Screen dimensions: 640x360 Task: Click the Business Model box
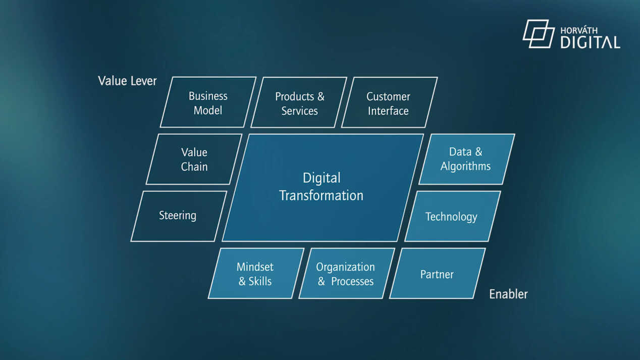click(208, 102)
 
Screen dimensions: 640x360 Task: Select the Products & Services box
click(299, 102)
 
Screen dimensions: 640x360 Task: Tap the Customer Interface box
click(390, 102)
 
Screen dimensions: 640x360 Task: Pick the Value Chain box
click(194, 159)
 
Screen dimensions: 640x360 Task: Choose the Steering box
click(179, 216)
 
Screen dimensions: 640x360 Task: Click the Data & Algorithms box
click(467, 159)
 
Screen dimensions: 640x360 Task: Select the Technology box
click(453, 216)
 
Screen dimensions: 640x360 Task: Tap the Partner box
click(438, 274)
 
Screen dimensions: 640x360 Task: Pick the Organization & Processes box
click(347, 274)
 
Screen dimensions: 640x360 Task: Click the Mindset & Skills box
click(256, 274)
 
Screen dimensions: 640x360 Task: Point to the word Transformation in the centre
click(321, 196)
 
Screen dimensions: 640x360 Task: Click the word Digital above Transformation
click(322, 178)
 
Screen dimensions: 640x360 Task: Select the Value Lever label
click(127, 81)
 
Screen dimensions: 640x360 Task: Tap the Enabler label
click(508, 294)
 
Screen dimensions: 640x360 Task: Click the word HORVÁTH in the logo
click(579, 30)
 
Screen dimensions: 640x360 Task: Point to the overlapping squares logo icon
click(539, 34)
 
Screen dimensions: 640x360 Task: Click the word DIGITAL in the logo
click(591, 42)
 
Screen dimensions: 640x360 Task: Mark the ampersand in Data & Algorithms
click(478, 151)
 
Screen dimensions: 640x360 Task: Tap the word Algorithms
click(465, 167)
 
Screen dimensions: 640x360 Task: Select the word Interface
click(388, 111)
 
